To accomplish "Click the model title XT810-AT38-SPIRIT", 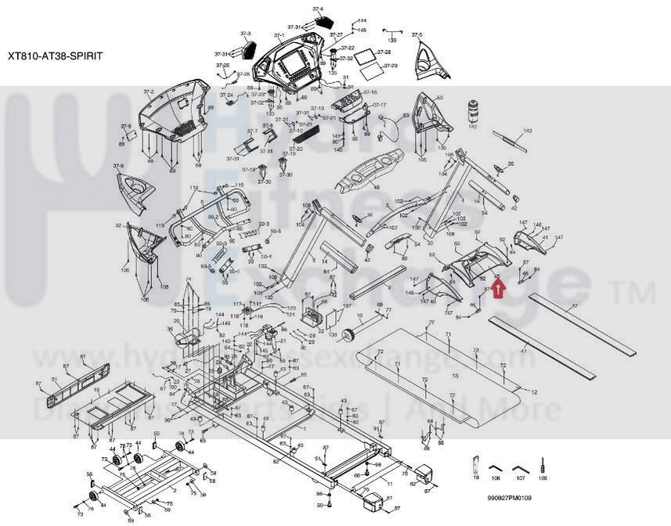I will point(54,56).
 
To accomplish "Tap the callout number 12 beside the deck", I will point(535,391).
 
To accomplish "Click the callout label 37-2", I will point(148,92).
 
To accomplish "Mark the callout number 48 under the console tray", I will point(376,188).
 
